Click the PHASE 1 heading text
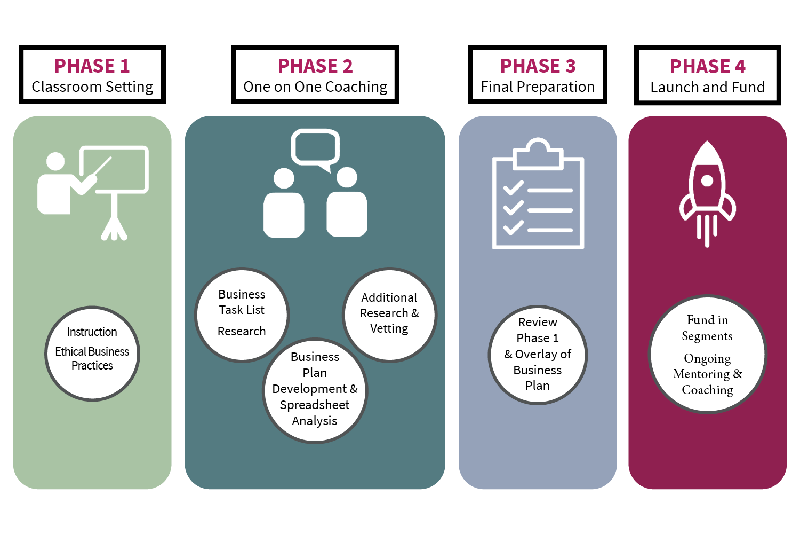[x=92, y=66]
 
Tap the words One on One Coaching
[x=315, y=87]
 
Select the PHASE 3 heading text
[x=538, y=66]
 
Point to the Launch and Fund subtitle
[x=707, y=87]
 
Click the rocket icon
[x=707, y=192]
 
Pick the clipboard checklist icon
[x=538, y=195]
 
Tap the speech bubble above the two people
[x=315, y=147]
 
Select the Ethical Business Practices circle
[x=92, y=354]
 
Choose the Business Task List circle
[x=242, y=315]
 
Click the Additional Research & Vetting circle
[x=389, y=315]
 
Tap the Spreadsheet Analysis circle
[x=315, y=391]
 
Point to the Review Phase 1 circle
[x=538, y=355]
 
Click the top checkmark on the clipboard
[x=514, y=188]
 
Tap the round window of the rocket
[x=707, y=180]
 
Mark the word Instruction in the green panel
[x=92, y=332]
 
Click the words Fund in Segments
[x=707, y=328]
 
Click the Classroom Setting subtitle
[x=92, y=87]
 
